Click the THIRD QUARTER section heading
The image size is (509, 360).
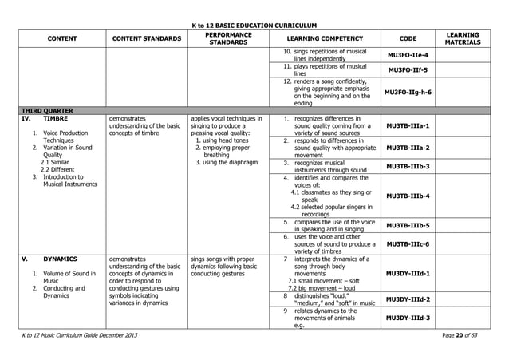click(47, 110)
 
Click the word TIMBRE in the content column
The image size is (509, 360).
click(55, 117)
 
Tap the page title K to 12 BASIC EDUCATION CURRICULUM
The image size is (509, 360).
click(254, 26)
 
